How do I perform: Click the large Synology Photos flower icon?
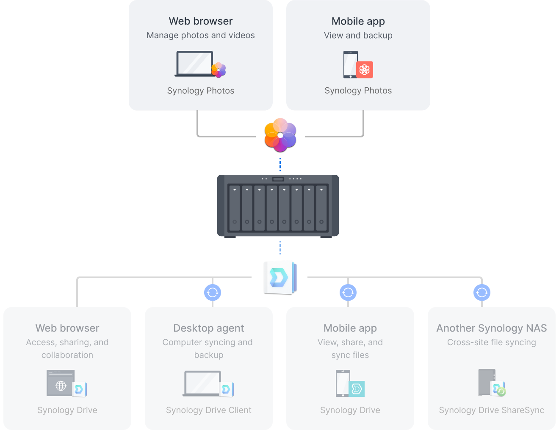(280, 135)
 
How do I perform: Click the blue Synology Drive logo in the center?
(279, 277)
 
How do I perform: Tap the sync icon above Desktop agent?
(213, 292)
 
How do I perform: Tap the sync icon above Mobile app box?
(348, 292)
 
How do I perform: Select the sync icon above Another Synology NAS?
(482, 292)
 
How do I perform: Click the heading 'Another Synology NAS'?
(491, 328)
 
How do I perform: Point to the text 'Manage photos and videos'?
(200, 36)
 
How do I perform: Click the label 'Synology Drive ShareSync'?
(491, 410)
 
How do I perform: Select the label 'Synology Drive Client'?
(208, 410)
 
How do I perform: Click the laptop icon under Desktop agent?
(202, 383)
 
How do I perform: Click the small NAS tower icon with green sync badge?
(487, 382)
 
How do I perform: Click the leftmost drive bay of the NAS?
(235, 207)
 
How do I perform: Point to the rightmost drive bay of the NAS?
(321, 207)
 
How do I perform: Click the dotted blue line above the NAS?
(280, 164)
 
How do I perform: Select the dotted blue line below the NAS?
(280, 247)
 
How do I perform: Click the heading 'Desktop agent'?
(208, 328)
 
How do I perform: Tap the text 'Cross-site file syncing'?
(491, 342)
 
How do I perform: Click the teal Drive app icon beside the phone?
(357, 388)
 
